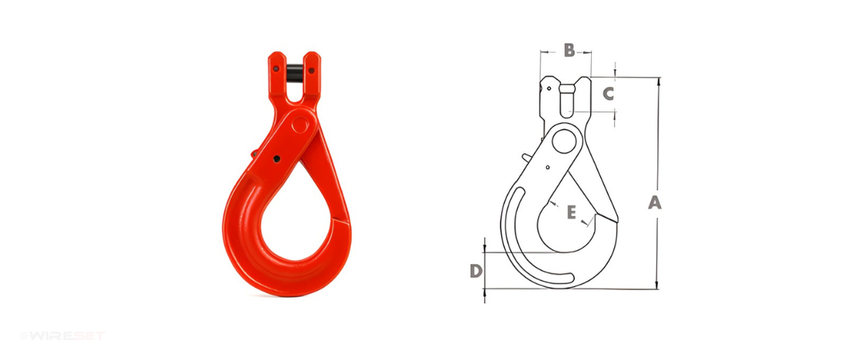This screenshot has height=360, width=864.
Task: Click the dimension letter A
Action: point(654,203)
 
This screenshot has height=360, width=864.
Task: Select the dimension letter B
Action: point(570,50)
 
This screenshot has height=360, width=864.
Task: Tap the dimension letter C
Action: point(608,94)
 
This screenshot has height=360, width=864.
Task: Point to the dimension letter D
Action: point(477,271)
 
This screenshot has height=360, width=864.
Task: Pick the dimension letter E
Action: point(571,212)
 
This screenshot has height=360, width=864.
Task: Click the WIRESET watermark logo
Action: point(63,336)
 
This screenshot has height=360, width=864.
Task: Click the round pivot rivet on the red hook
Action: point(301,125)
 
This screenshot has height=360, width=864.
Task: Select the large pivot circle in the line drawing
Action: point(564,141)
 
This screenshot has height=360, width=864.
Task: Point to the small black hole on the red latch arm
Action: point(276,159)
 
